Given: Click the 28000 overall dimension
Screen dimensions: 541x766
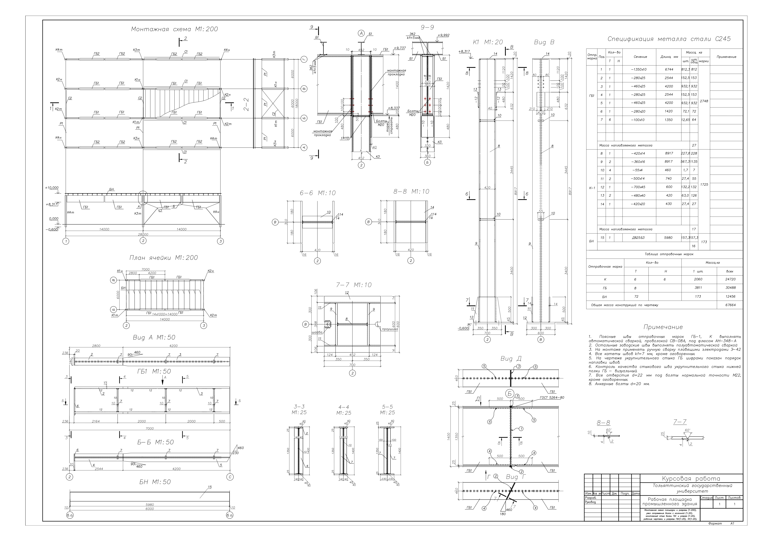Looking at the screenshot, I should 143,234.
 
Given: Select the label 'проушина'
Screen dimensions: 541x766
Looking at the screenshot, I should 390,329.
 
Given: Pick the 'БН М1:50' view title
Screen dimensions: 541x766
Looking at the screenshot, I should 155,482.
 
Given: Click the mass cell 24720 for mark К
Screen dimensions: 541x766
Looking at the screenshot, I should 730,279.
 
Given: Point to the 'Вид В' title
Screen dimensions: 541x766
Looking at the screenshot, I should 544,42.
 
